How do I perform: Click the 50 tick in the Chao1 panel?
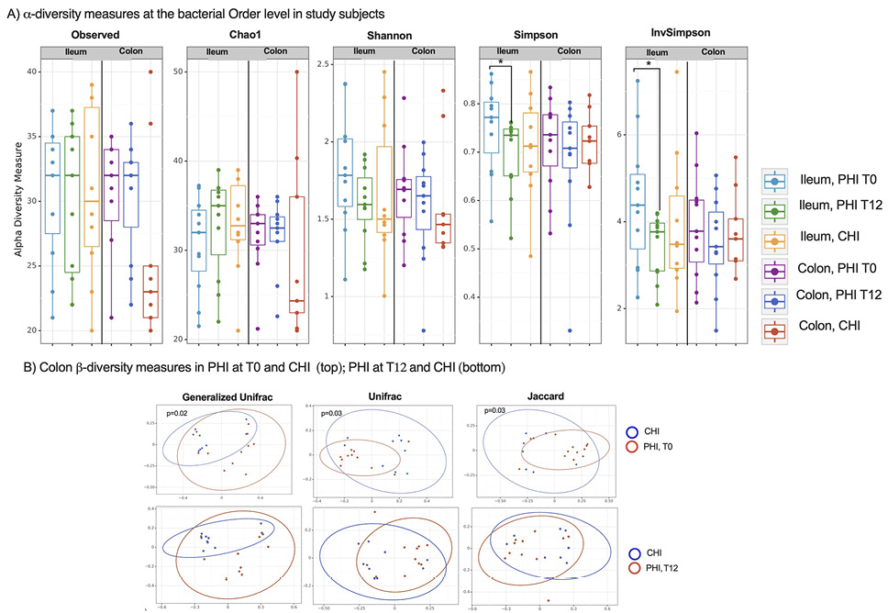179,72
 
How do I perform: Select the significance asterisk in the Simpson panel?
501,61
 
